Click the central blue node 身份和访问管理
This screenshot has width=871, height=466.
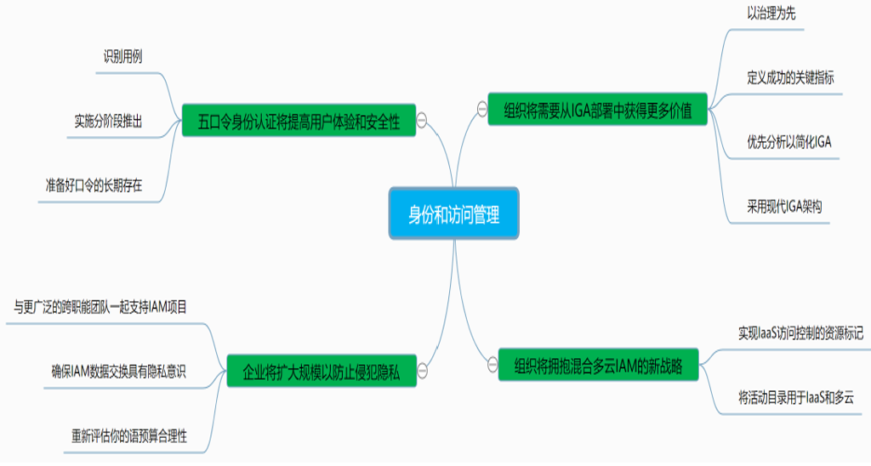tap(453, 214)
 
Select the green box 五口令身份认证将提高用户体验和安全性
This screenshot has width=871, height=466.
tap(299, 120)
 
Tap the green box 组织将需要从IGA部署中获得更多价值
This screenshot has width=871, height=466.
tap(597, 110)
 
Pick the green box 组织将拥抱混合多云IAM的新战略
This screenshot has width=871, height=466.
tap(598, 367)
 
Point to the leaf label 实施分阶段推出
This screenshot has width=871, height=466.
tap(107, 122)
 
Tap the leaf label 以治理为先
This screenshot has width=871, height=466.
tap(771, 14)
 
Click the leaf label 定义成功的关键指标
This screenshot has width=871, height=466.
tap(789, 77)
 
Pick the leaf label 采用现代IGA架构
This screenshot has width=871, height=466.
tap(783, 206)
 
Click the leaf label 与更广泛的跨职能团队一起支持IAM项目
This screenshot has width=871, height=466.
tap(100, 307)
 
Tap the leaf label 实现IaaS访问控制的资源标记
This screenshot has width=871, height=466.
tap(800, 333)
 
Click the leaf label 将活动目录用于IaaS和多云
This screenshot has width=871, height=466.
tap(795, 397)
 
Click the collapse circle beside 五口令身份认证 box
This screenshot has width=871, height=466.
tap(422, 121)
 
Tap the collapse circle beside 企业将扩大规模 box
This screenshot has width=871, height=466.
tap(422, 372)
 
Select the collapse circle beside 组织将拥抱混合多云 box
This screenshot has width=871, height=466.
tap(492, 366)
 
